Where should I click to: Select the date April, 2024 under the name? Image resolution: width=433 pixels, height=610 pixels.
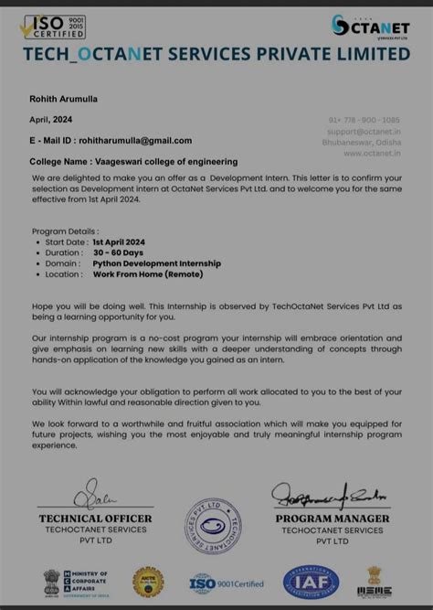pos(51,120)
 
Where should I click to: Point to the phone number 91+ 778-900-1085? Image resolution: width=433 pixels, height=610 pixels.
pos(364,120)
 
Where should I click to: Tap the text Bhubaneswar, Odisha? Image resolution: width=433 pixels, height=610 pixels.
pos(363,142)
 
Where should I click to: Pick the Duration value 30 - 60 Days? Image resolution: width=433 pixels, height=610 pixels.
pos(119,252)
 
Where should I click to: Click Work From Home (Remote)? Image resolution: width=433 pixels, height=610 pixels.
pos(147,274)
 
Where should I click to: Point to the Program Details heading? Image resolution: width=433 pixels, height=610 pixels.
pos(65,231)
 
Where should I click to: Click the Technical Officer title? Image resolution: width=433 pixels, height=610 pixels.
pos(95,519)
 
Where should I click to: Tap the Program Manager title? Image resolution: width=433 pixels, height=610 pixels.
pos(333,519)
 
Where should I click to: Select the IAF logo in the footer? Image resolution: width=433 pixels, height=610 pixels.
pos(311,582)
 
